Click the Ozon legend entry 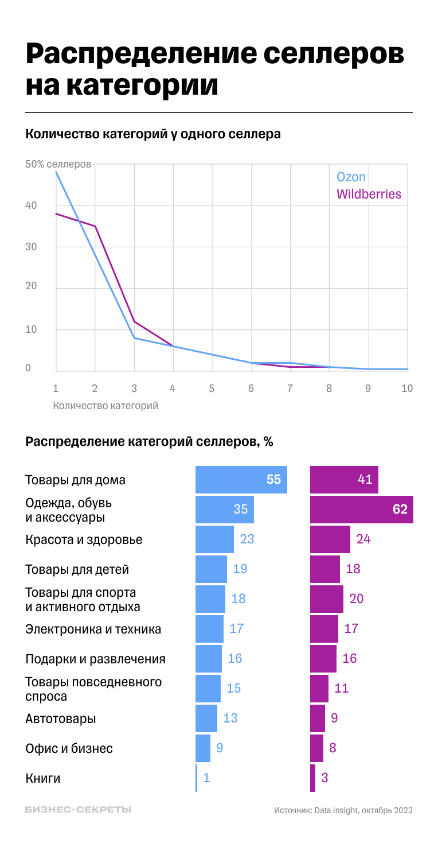[x=351, y=177]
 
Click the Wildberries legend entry [x=369, y=194]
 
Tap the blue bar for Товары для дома [x=241, y=480]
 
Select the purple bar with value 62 [x=361, y=510]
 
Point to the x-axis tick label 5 [x=212, y=388]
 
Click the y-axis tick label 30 [x=32, y=247]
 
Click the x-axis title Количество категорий [x=105, y=406]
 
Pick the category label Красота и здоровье [x=84, y=540]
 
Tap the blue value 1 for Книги [x=206, y=778]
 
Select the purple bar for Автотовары [x=318, y=718]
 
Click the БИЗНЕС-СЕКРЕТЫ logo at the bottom [x=78, y=810]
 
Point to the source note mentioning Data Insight [x=343, y=810]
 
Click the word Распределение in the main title [x=139, y=55]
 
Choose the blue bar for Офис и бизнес [x=203, y=748]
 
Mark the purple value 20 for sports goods [x=356, y=599]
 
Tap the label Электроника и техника [x=93, y=629]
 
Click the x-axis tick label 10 [x=406, y=388]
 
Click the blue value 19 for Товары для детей [x=240, y=569]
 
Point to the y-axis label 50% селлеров [x=58, y=164]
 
